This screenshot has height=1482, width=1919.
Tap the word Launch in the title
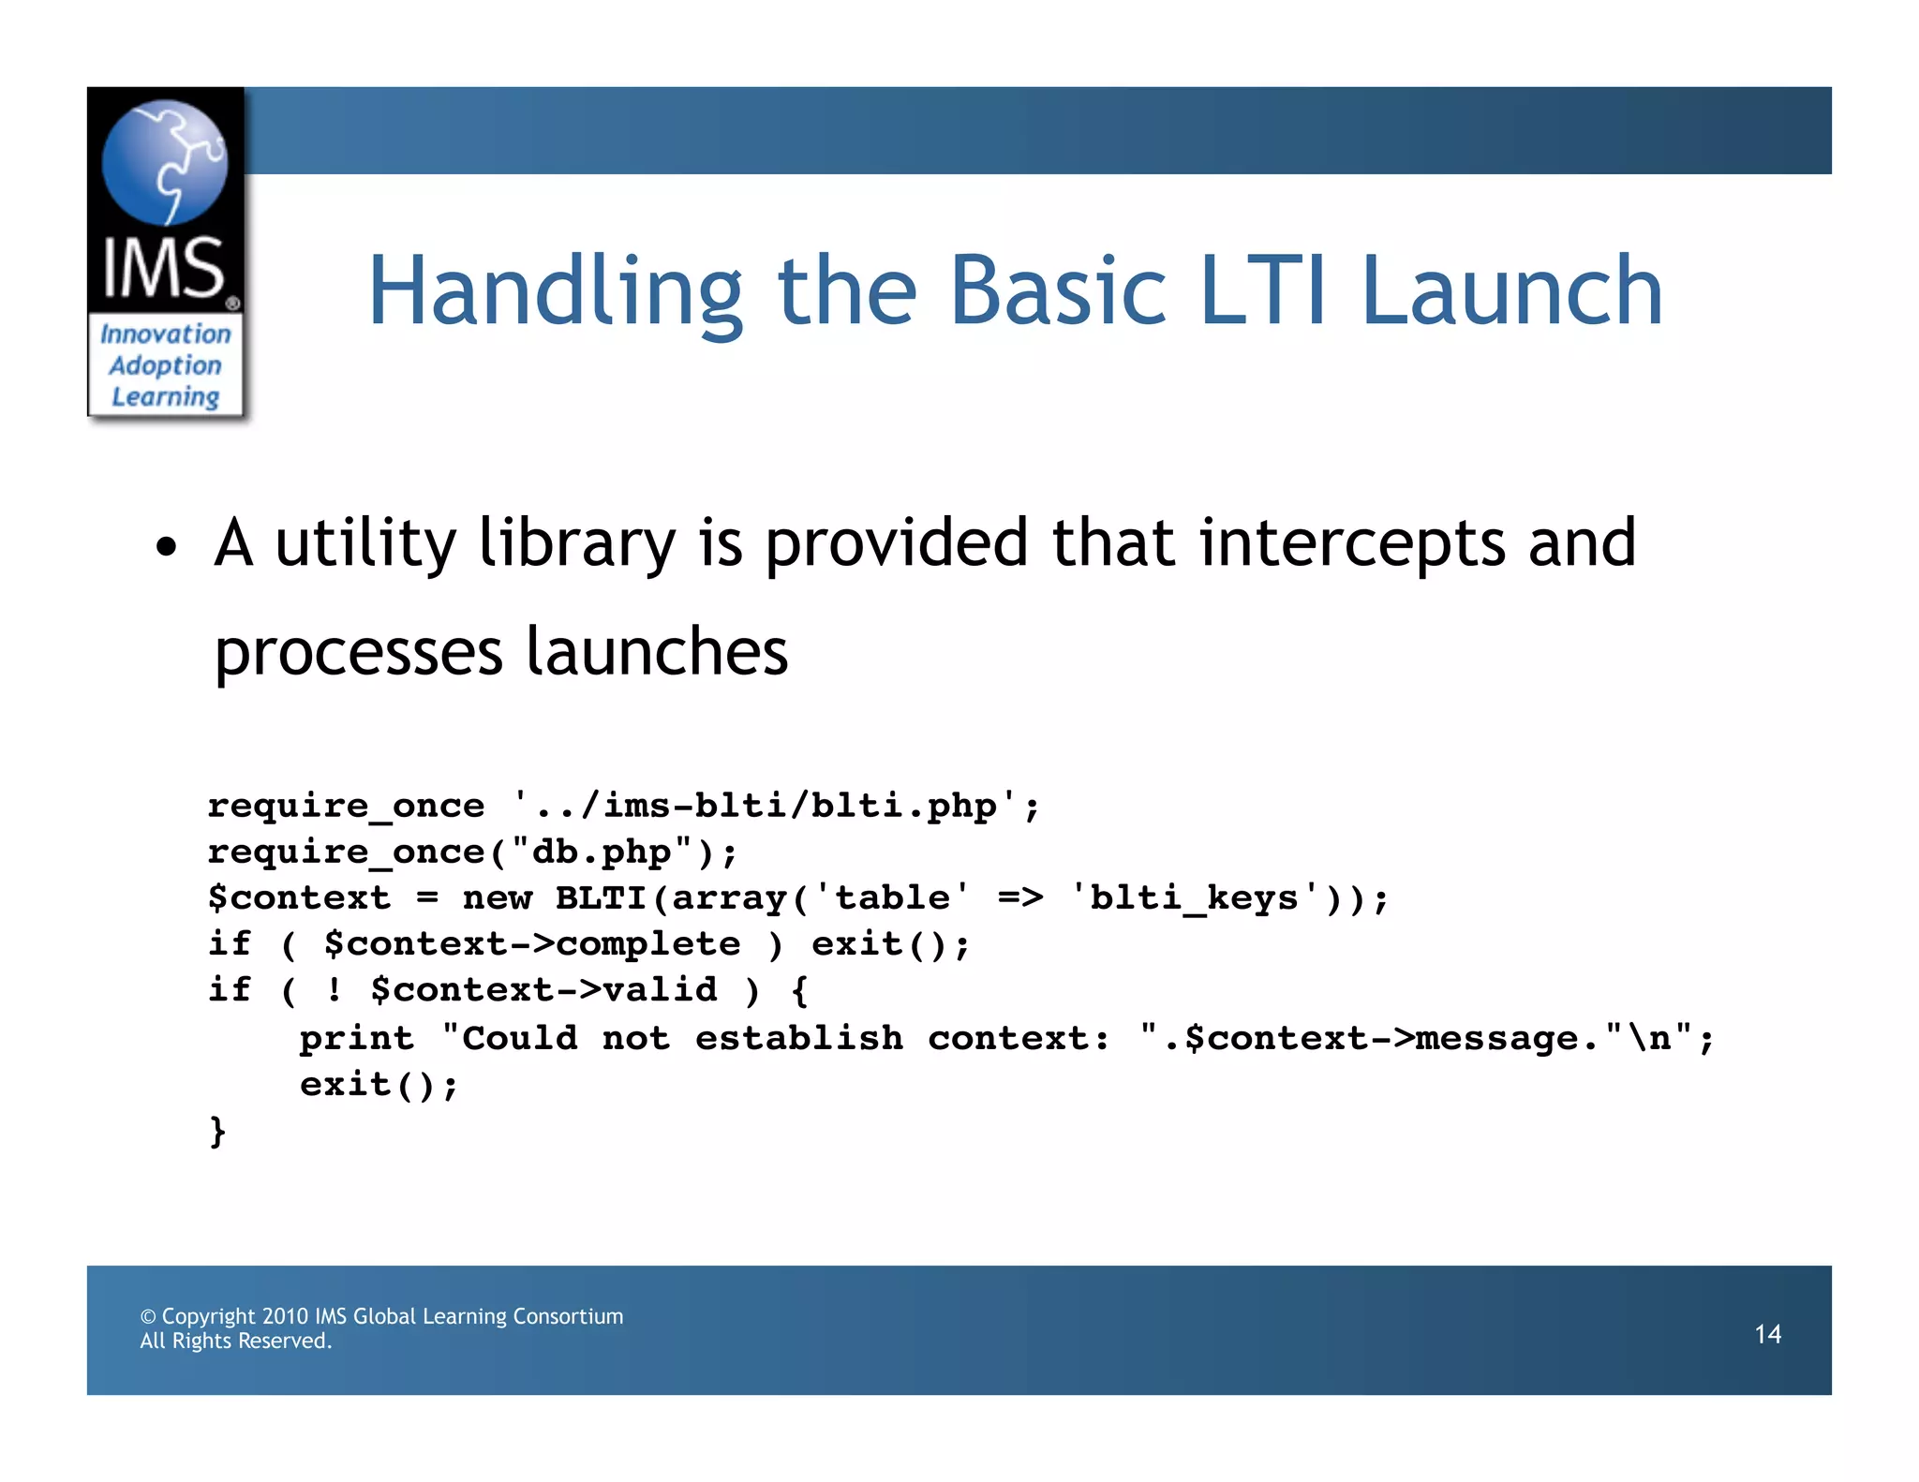[1511, 292]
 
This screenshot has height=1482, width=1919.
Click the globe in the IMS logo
[165, 162]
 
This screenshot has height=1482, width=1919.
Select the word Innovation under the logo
[165, 333]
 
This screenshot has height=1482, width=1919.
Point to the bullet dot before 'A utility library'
[166, 548]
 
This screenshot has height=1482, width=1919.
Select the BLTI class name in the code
[601, 897]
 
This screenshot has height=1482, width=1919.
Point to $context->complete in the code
[531, 943]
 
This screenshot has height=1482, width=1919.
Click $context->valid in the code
[543, 990]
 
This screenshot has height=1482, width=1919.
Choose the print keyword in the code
[356, 1038]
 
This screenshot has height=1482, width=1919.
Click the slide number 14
[1767, 1334]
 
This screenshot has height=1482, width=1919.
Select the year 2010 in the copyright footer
[285, 1316]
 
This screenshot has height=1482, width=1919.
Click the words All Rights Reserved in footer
[235, 1341]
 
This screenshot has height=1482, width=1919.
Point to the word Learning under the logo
[165, 397]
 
